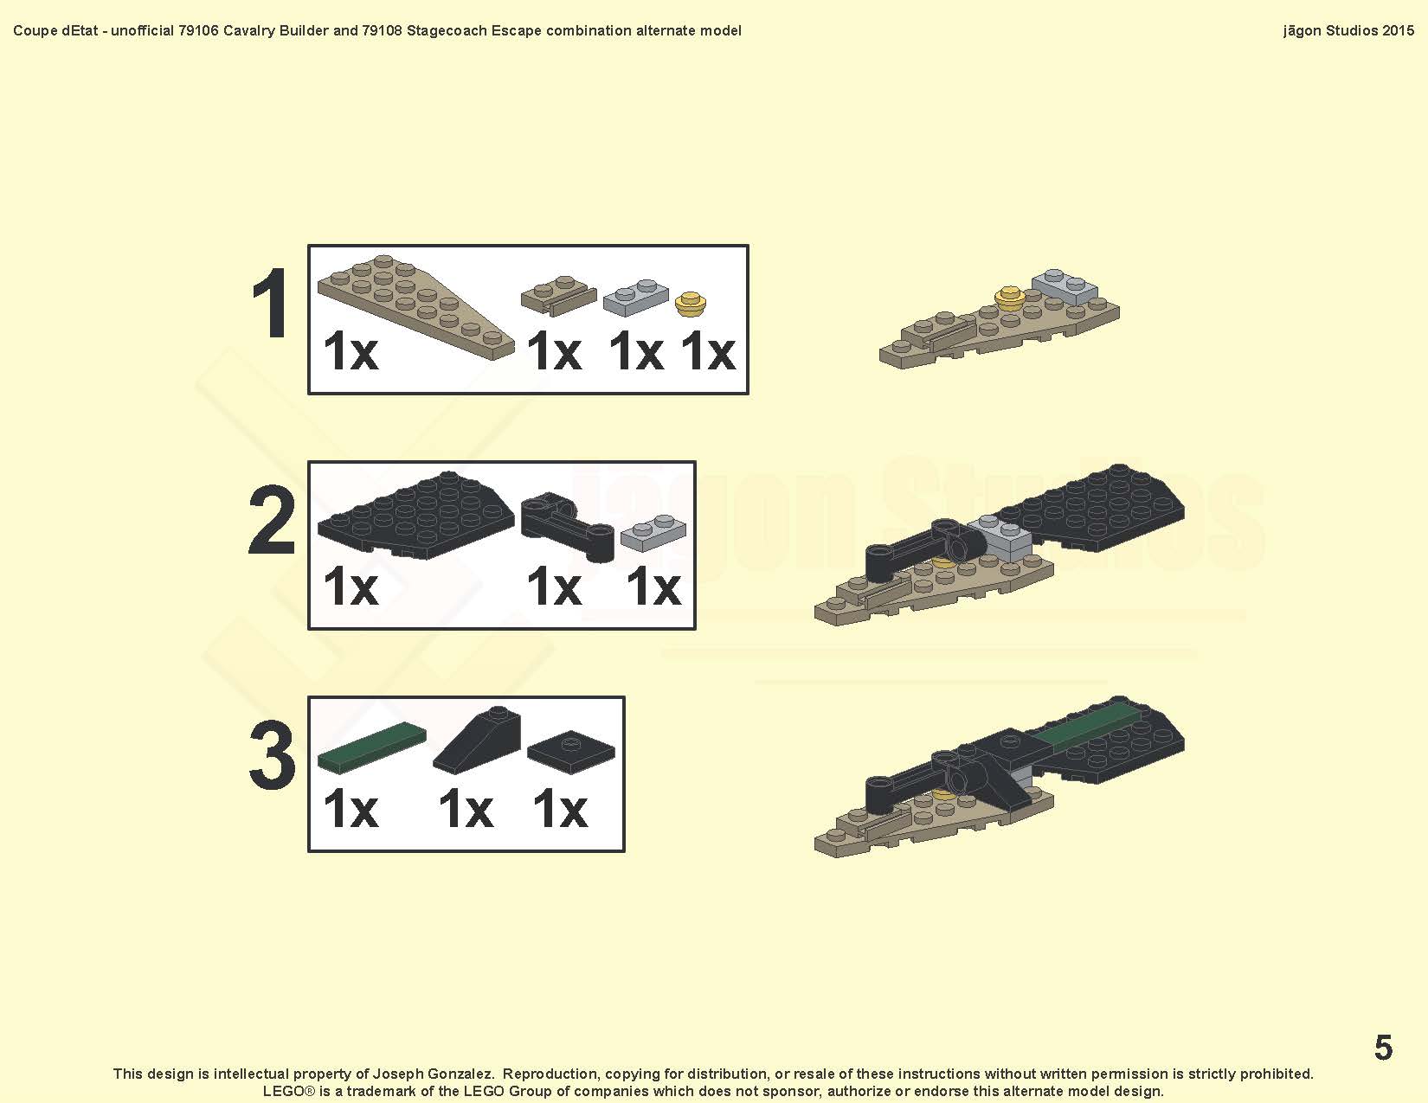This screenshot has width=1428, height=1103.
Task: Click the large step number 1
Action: tap(271, 304)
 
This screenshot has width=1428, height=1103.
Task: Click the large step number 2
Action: tap(272, 520)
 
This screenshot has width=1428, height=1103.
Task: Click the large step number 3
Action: tap(272, 754)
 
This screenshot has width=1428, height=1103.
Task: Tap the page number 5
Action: tap(1383, 1047)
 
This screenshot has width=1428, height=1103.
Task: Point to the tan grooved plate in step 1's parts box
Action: tap(558, 295)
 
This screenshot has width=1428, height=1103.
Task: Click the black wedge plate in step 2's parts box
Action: tap(416, 515)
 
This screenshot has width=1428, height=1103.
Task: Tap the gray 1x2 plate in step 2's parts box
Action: tap(653, 532)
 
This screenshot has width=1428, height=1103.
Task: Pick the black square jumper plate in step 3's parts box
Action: tap(571, 752)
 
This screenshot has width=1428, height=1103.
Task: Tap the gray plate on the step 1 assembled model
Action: tap(1065, 286)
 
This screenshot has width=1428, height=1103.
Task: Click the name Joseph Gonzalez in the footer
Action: tap(433, 1074)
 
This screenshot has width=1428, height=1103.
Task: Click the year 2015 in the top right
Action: tap(1397, 30)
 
